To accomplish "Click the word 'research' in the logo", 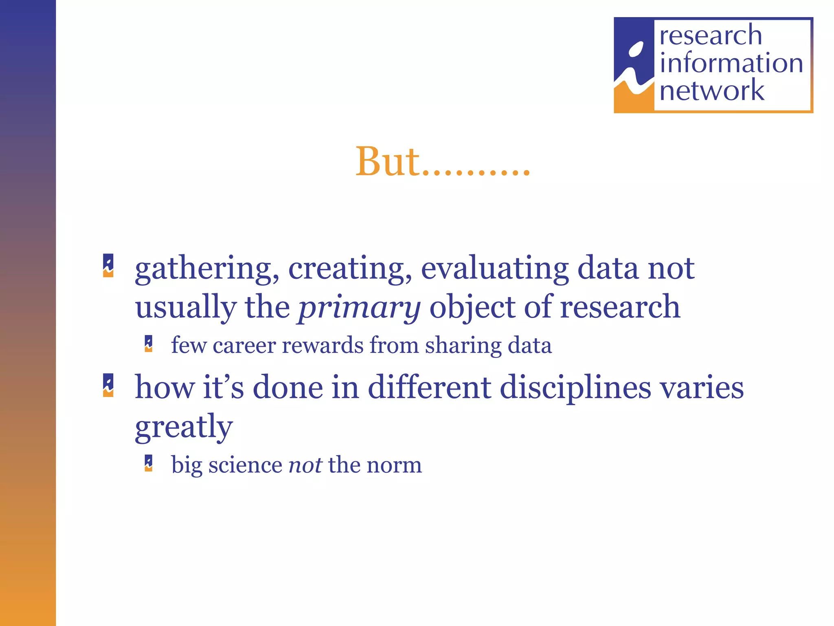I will [x=711, y=35].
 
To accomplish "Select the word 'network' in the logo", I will [x=711, y=90].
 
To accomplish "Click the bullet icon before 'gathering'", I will [x=108, y=266].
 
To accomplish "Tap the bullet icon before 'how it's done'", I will [x=108, y=385].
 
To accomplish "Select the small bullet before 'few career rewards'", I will [x=149, y=344].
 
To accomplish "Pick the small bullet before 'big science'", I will [x=149, y=463].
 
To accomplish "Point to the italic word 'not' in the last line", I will [x=305, y=465].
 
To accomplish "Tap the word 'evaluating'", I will [x=495, y=269].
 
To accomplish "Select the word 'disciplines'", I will [x=575, y=387].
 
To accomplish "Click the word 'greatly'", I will [x=184, y=427].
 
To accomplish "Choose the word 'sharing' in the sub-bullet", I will [x=463, y=346].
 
